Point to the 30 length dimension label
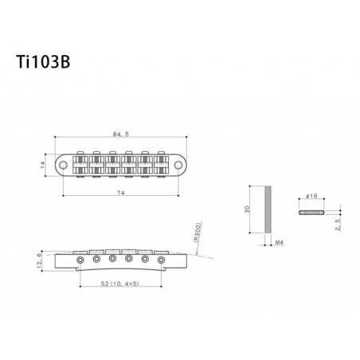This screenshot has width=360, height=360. pyautogui.click(x=247, y=210)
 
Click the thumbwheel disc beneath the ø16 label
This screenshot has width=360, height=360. pyautogui.click(x=310, y=213)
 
